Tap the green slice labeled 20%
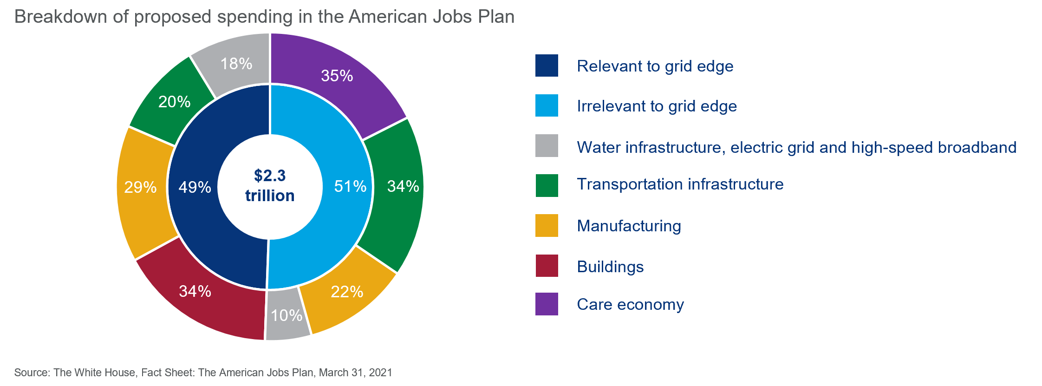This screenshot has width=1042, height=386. coord(174,102)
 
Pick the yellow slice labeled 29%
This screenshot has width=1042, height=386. coord(141,187)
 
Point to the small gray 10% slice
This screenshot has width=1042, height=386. coord(287,316)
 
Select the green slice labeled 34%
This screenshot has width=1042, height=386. coord(403,187)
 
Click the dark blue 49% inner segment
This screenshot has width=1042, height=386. coord(195,187)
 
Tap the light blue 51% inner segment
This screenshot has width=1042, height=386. coord(350,187)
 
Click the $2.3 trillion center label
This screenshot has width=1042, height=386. coord(270,186)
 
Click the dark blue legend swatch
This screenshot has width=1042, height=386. coord(547,65)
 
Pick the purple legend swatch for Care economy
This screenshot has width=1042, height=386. coord(547,304)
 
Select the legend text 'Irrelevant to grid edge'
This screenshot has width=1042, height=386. coord(657,106)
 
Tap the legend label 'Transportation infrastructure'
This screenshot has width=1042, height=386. coord(680,184)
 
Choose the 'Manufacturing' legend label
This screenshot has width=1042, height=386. coord(629,226)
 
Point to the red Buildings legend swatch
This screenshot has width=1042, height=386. coord(547,266)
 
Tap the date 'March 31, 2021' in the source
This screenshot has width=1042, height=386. coord(355,373)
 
